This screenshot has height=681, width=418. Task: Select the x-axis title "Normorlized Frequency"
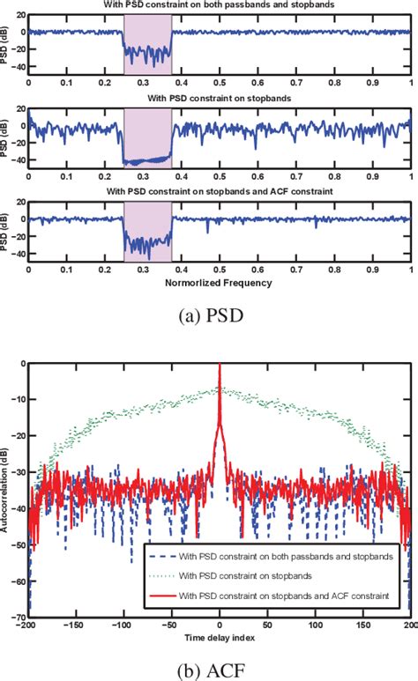point(220,284)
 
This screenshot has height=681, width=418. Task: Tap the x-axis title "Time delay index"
point(220,635)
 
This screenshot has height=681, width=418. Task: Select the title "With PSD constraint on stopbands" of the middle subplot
point(220,100)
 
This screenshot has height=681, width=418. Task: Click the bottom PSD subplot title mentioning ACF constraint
point(220,192)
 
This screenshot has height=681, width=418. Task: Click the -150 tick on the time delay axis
point(77,627)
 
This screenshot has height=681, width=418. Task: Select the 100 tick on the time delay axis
point(316,627)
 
